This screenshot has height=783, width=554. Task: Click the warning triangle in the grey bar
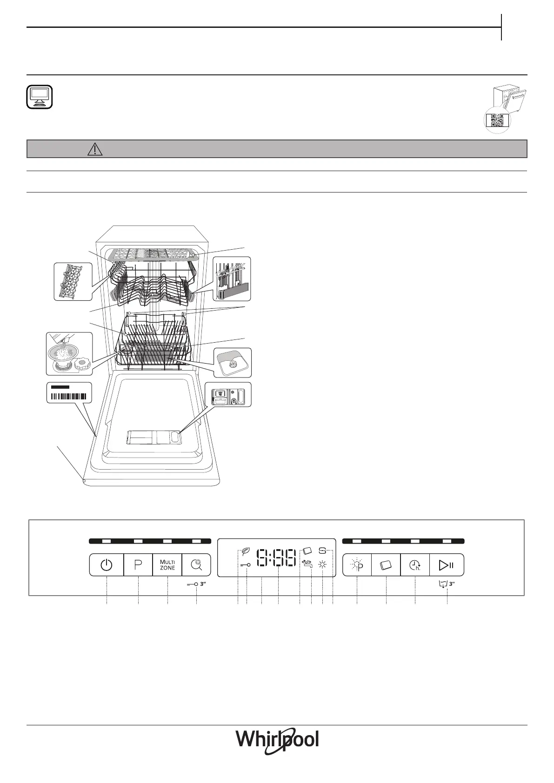(x=94, y=149)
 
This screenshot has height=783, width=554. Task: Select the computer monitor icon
(x=40, y=97)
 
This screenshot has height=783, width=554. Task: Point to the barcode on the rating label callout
(x=68, y=396)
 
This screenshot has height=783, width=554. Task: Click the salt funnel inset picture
(x=69, y=353)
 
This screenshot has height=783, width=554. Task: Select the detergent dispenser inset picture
(x=227, y=395)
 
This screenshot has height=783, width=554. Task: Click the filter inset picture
(x=232, y=362)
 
